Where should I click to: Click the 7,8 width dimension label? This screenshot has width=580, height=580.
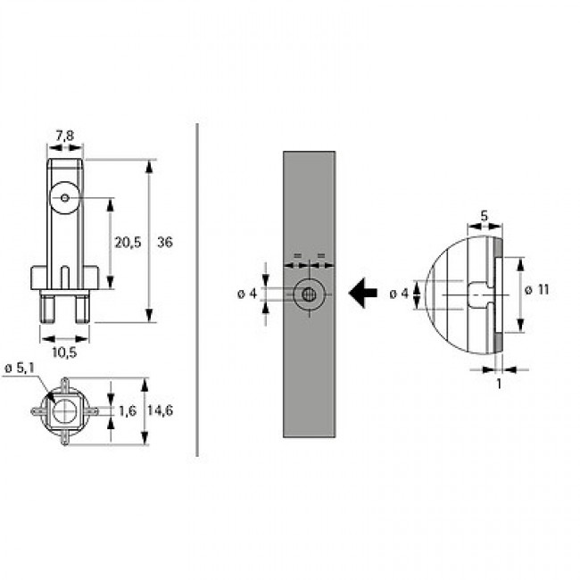[x=65, y=137]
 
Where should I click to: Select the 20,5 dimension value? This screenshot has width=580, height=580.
[x=128, y=243]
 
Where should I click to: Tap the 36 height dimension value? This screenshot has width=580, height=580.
[x=165, y=243]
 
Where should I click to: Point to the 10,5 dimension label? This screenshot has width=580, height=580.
[x=64, y=352]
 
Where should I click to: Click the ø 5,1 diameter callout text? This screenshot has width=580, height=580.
[x=20, y=368]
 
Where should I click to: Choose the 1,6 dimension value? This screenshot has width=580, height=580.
[x=128, y=411]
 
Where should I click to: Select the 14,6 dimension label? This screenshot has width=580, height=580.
[x=160, y=410]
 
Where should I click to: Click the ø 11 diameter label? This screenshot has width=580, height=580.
[x=537, y=290]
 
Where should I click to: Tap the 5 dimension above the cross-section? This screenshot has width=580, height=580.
[x=485, y=216]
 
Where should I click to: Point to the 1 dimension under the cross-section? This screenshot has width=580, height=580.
[x=499, y=384]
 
